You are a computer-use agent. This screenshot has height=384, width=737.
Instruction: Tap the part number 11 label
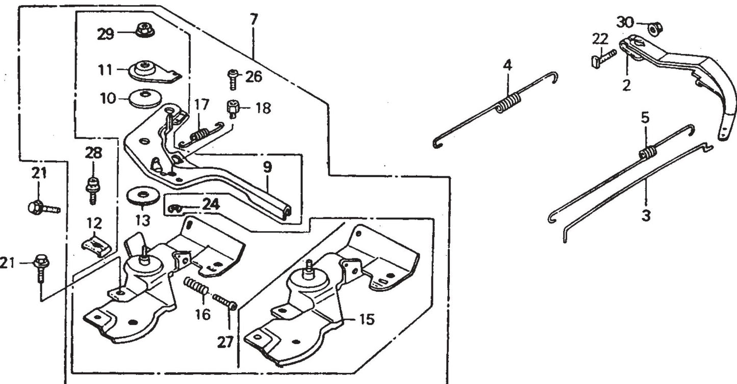pos(105,69)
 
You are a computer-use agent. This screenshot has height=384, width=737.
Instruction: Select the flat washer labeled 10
pos(145,98)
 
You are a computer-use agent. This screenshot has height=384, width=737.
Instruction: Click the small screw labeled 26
pos(233,79)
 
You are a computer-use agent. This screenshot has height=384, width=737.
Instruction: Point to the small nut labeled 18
pos(233,108)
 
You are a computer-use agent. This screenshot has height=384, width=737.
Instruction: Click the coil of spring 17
pos(199,135)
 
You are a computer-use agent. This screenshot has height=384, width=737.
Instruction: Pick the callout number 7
pos(253,20)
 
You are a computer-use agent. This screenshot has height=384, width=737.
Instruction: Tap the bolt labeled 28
pos(92,188)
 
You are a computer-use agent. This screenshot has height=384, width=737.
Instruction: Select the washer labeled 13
pos(143,196)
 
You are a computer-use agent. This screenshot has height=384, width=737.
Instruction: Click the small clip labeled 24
pos(175,207)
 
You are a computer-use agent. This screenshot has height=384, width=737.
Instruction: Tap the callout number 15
pos(366,320)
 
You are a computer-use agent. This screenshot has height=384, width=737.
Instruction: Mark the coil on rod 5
pos(648,151)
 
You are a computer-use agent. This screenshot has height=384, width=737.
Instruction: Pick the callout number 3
pos(646,215)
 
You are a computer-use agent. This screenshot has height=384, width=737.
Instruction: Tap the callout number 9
pos(267,167)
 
